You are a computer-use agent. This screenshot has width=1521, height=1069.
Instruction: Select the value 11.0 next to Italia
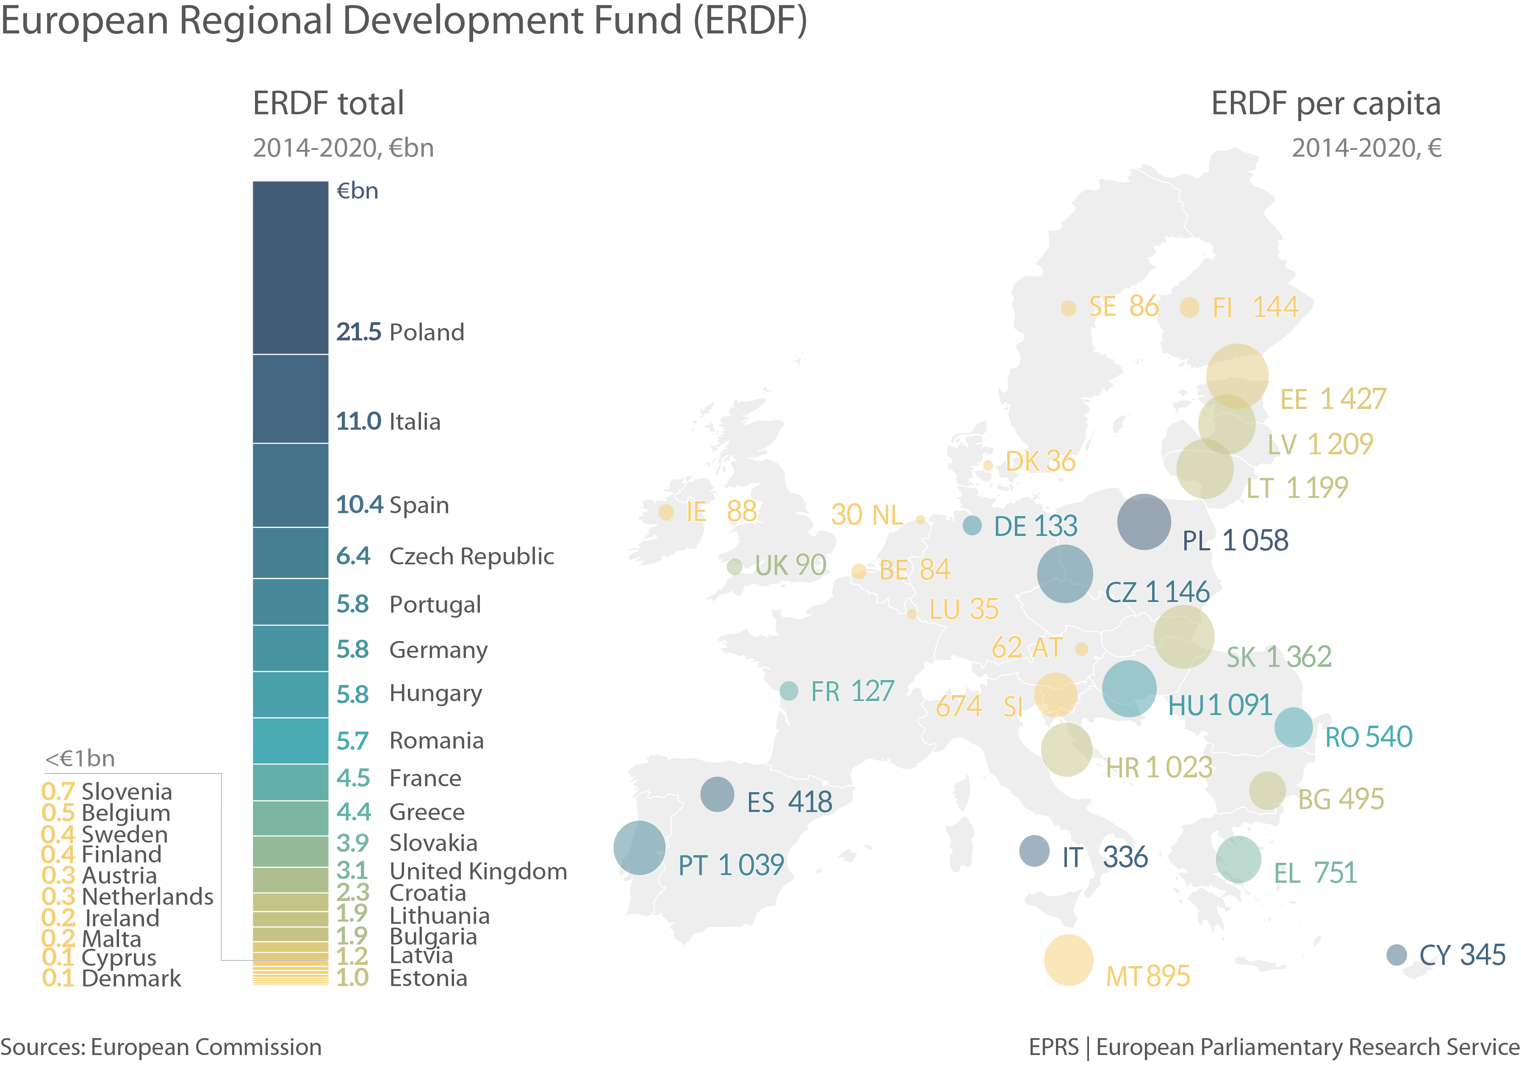point(358,421)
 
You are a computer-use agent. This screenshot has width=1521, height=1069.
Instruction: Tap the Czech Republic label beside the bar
point(471,556)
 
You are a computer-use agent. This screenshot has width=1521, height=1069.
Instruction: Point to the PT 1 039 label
point(731,865)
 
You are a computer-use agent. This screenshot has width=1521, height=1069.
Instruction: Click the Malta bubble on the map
point(1068,960)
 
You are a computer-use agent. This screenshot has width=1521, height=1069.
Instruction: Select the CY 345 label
point(1462,954)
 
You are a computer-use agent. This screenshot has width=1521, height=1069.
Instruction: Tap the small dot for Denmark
point(988,465)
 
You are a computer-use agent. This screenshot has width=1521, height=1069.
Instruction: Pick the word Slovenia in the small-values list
point(127,792)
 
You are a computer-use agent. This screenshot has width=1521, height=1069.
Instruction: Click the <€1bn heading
point(80,758)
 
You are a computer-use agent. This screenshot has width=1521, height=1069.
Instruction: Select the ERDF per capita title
point(1326,104)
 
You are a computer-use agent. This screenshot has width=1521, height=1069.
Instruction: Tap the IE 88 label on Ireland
point(721,511)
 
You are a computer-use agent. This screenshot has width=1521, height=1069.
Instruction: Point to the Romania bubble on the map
point(1293,726)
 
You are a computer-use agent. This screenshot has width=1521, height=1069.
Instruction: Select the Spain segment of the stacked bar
point(290,486)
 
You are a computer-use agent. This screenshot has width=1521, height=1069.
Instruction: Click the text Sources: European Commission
point(161,1047)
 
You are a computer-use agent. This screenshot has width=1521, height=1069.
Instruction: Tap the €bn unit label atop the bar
point(357,191)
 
